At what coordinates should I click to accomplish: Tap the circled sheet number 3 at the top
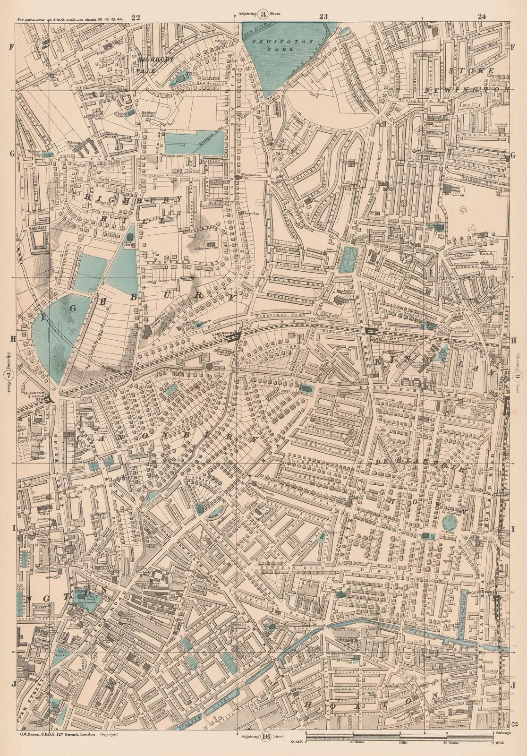pyautogui.click(x=263, y=14)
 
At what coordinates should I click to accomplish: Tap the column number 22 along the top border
pyautogui.click(x=136, y=17)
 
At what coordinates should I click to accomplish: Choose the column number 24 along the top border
pyautogui.click(x=482, y=17)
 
